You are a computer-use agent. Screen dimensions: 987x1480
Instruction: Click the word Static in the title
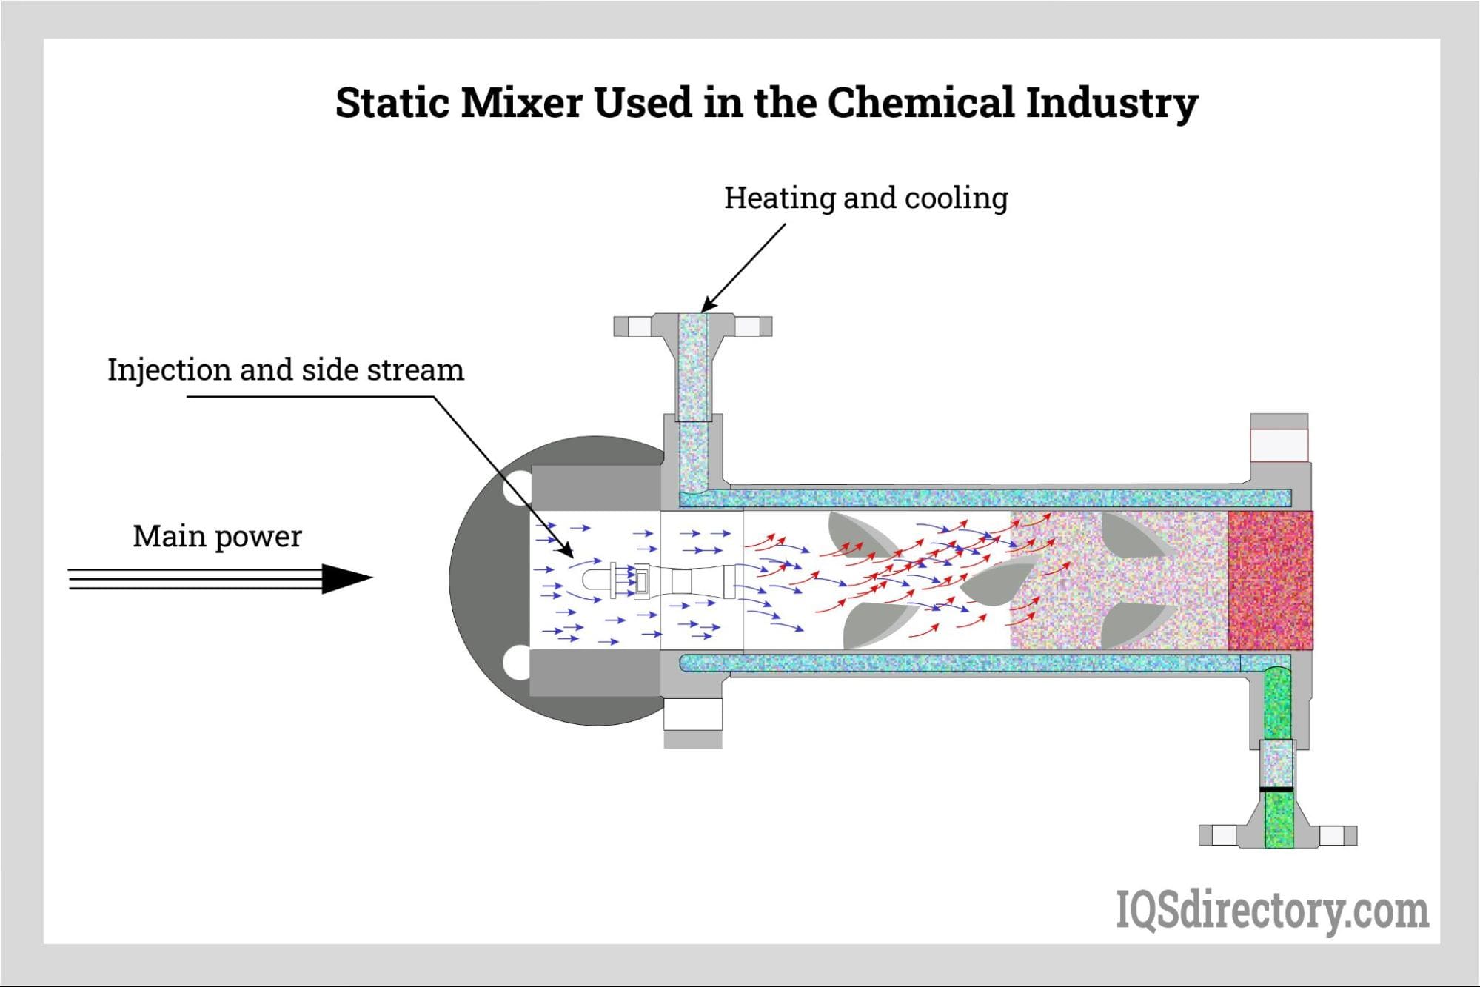392,103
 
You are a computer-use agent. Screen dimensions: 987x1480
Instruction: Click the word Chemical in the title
920,103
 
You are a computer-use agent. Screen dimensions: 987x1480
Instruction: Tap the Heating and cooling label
865,198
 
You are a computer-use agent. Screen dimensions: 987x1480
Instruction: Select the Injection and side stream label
286,370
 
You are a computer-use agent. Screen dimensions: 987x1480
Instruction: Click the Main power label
217,537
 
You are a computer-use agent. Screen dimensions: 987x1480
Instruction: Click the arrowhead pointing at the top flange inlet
707,304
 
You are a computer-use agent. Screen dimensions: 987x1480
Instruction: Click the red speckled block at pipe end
1270,581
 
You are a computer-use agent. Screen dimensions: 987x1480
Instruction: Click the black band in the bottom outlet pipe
1277,789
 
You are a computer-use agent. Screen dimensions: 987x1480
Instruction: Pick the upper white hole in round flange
516,489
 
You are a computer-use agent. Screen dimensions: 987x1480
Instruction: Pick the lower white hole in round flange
516,663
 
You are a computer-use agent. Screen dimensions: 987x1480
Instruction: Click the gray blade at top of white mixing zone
859,533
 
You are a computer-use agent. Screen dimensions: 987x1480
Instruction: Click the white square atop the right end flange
1279,445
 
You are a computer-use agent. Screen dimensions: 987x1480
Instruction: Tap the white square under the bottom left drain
692,715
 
